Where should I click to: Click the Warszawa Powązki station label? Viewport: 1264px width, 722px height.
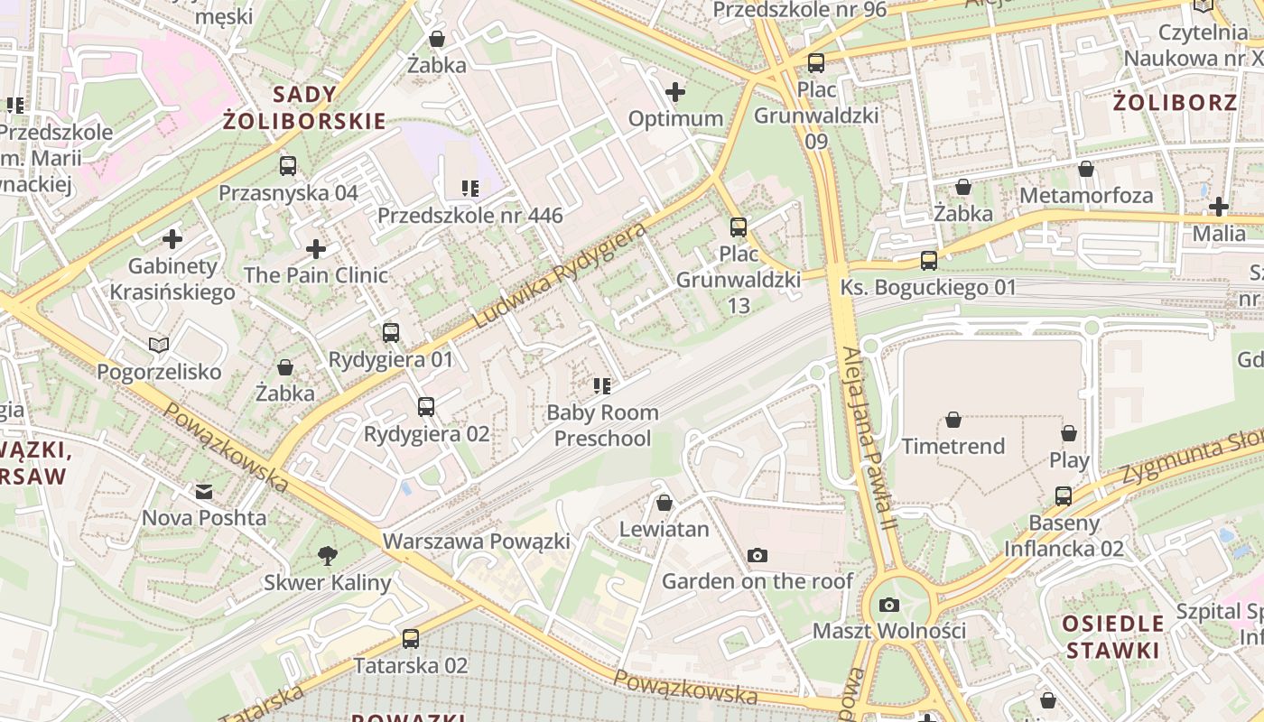[x=476, y=541]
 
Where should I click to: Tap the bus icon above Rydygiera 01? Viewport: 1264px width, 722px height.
[x=391, y=333]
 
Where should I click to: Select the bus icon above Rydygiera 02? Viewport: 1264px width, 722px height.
[x=426, y=407]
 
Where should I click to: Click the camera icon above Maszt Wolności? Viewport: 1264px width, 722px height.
[x=889, y=605]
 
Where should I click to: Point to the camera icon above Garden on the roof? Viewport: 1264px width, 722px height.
[x=757, y=555]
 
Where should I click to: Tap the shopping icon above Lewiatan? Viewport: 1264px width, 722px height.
[x=665, y=503]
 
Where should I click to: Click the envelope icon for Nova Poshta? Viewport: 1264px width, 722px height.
[x=204, y=492]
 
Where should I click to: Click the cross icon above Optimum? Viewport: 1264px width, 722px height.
[x=675, y=92]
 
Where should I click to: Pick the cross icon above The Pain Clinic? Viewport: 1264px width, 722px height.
[x=316, y=249]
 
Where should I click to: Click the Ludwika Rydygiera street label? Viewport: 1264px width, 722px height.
[x=560, y=275]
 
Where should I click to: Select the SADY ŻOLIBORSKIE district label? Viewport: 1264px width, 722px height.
[x=304, y=107]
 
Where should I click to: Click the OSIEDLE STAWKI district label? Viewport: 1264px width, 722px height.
[x=1112, y=636]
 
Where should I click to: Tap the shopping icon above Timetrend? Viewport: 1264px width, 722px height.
[x=953, y=420]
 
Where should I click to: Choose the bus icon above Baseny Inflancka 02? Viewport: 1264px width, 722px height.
[x=1064, y=496]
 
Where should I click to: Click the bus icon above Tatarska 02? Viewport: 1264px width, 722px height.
[x=411, y=639]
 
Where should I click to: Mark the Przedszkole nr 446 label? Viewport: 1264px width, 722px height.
[x=469, y=216]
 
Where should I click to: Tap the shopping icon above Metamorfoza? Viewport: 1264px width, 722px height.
[x=1086, y=170]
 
